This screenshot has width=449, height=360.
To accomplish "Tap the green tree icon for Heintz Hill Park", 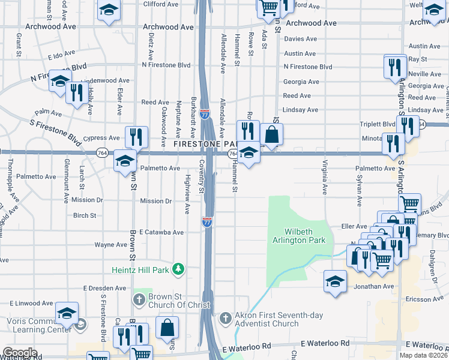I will click(x=178, y=269).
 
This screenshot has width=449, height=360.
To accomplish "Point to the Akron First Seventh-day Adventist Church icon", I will click(x=225, y=317).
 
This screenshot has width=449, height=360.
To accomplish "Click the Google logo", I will click(x=20, y=353).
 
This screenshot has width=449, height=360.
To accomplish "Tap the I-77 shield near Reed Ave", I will click(x=205, y=112).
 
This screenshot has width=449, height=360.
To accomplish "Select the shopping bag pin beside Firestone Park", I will click(x=271, y=134).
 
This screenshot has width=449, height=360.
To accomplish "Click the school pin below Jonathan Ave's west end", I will click(x=335, y=281).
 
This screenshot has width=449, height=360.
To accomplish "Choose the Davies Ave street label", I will click(x=300, y=39).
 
